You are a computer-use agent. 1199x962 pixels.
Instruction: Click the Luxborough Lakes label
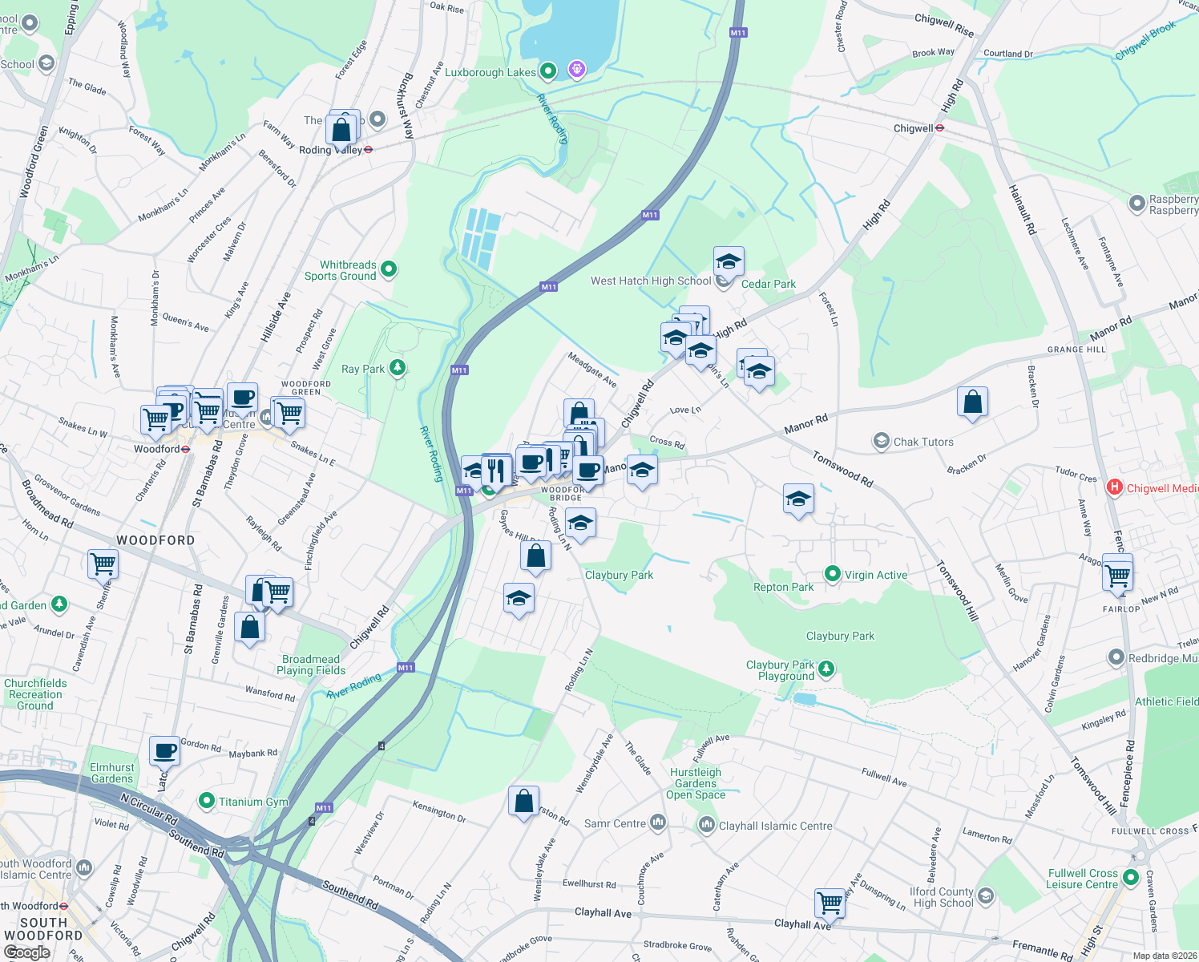coord(490,72)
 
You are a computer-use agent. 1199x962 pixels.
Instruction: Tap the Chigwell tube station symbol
coord(939,128)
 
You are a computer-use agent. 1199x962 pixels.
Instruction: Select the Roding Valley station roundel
coord(369,150)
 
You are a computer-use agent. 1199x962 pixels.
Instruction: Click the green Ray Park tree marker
coord(398,368)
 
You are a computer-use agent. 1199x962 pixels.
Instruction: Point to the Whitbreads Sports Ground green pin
coord(389,269)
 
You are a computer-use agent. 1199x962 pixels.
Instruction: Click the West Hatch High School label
coord(650,281)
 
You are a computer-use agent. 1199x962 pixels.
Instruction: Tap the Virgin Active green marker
coord(833,574)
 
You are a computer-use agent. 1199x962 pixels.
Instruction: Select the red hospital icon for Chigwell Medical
coord(1114,487)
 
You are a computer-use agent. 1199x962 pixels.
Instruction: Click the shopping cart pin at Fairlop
coord(1117,574)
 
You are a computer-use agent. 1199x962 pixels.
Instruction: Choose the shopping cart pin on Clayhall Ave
coord(830,903)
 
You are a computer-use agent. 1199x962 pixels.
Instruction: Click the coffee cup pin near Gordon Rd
coord(165,752)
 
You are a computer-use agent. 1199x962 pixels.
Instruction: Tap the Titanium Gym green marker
coord(207,801)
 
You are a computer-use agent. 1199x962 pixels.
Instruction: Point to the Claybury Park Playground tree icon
coord(826,668)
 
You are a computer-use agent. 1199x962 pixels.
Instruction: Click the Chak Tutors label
coord(923,442)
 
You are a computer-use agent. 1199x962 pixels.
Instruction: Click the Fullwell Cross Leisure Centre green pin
coord(1131,878)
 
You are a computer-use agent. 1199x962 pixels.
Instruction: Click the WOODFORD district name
coord(155,540)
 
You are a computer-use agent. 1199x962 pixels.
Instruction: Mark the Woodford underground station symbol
coord(186,450)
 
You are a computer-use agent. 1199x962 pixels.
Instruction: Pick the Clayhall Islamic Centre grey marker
coord(706,824)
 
